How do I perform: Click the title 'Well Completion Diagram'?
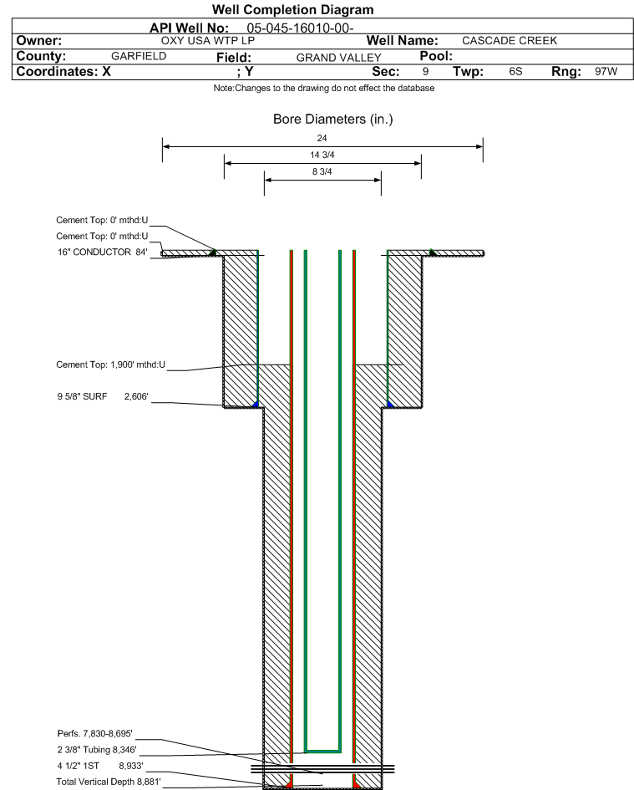292,10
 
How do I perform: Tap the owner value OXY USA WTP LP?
207,40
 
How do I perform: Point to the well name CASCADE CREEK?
509,40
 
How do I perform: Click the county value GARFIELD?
139,56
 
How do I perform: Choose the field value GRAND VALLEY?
338,57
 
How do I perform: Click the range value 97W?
606,72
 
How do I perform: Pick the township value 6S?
515,72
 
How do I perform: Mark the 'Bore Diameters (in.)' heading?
332,120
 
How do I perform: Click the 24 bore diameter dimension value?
322,137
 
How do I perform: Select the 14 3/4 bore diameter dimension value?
322,155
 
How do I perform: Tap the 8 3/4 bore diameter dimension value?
322,172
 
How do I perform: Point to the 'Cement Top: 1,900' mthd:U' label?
111,364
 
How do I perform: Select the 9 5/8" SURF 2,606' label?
103,398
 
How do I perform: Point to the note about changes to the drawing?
324,88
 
